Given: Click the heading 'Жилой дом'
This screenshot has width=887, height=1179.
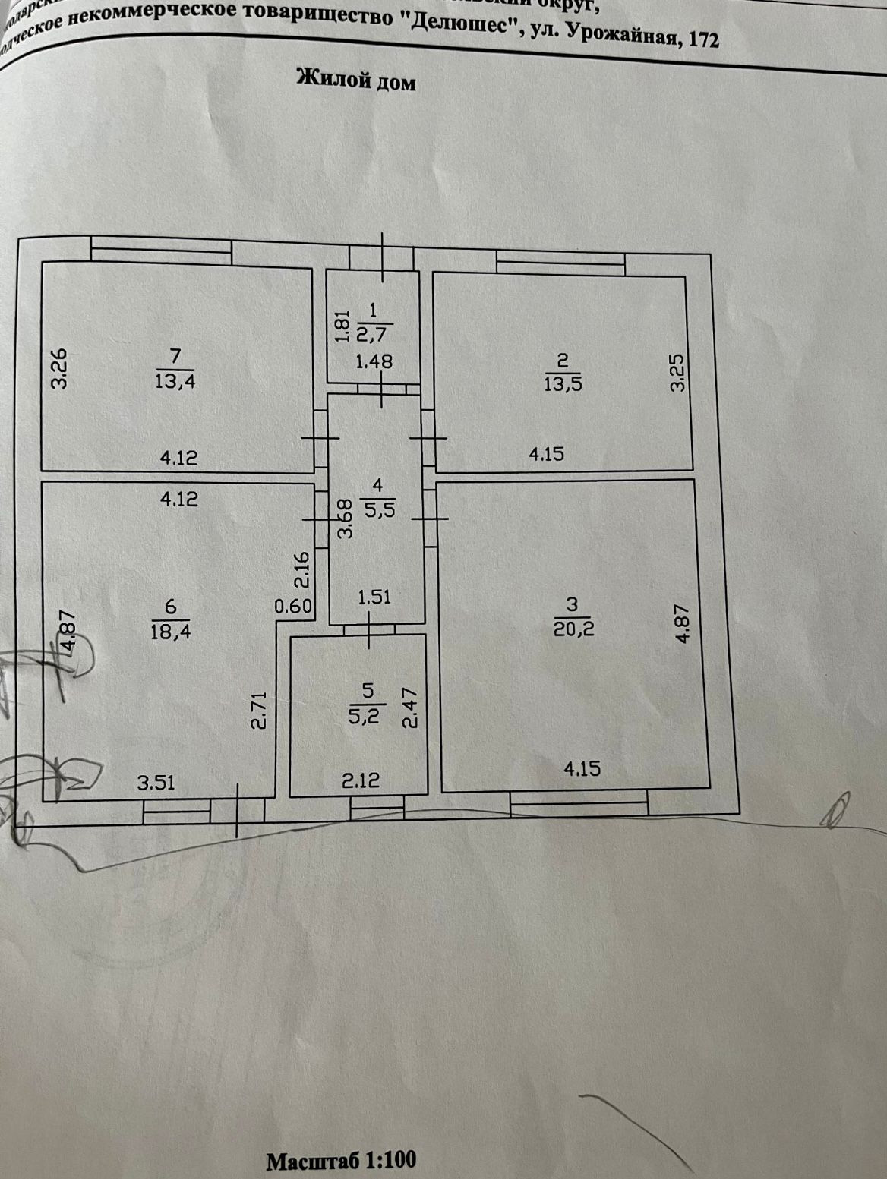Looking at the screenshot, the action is tap(356, 80).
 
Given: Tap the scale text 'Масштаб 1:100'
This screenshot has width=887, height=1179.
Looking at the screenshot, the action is tap(341, 1160).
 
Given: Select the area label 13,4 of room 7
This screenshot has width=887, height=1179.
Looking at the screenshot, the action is tap(175, 380).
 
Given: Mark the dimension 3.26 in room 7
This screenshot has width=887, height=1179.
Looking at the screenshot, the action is tap(59, 368).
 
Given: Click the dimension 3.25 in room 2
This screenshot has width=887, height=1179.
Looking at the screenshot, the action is tap(677, 372).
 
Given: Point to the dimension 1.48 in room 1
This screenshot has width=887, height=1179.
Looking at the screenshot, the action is tap(374, 362).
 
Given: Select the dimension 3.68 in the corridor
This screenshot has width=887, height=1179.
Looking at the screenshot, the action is tap(346, 519).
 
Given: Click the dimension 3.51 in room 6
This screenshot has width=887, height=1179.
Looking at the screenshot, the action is tap(156, 782).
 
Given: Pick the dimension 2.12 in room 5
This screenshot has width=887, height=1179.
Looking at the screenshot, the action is tap(360, 780).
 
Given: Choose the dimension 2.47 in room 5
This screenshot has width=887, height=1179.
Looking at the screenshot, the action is tap(410, 708).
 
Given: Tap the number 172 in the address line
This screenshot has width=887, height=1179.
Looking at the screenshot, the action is tap(702, 39).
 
